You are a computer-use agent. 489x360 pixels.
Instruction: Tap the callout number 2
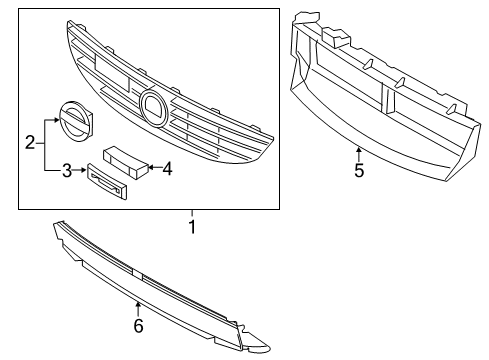coord(30,144)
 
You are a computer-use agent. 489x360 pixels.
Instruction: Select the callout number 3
coord(67,171)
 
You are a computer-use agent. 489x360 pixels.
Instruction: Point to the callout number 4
coord(168,169)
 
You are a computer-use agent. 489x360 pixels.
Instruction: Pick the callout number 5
coord(358,170)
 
